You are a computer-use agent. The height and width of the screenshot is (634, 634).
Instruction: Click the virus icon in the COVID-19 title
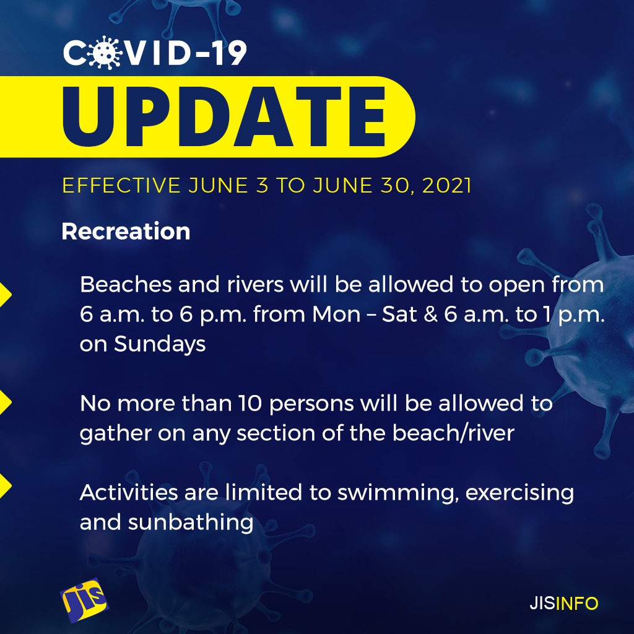[x=105, y=53]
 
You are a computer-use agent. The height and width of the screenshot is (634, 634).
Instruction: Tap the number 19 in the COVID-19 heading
[x=230, y=53]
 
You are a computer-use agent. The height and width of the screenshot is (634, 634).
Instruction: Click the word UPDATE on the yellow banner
[x=224, y=116]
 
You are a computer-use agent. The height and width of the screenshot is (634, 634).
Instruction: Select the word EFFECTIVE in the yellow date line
[x=121, y=186]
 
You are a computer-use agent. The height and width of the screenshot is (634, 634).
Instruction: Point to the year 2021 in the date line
[x=447, y=186]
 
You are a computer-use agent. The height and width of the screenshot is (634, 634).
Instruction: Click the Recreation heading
[x=126, y=232]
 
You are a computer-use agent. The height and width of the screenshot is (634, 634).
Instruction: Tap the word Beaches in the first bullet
[x=126, y=284]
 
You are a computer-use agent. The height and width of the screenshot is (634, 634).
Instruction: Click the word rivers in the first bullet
[x=255, y=284]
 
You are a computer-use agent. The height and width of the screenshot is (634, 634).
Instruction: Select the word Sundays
[x=160, y=345]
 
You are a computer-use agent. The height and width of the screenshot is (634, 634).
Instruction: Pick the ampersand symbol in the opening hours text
[x=431, y=314]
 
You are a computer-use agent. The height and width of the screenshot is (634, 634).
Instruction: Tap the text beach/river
[x=453, y=433]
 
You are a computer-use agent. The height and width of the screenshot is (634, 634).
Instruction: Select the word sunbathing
[x=191, y=523]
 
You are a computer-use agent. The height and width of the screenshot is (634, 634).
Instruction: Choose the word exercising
[x=519, y=493]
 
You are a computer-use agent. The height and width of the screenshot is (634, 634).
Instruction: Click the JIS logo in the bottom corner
[x=84, y=599]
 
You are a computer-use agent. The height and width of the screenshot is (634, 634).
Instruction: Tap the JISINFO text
[x=563, y=603]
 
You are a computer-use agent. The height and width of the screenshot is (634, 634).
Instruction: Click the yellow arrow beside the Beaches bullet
[x=5, y=295]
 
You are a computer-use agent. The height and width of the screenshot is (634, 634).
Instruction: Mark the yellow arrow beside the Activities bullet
[x=5, y=485]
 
